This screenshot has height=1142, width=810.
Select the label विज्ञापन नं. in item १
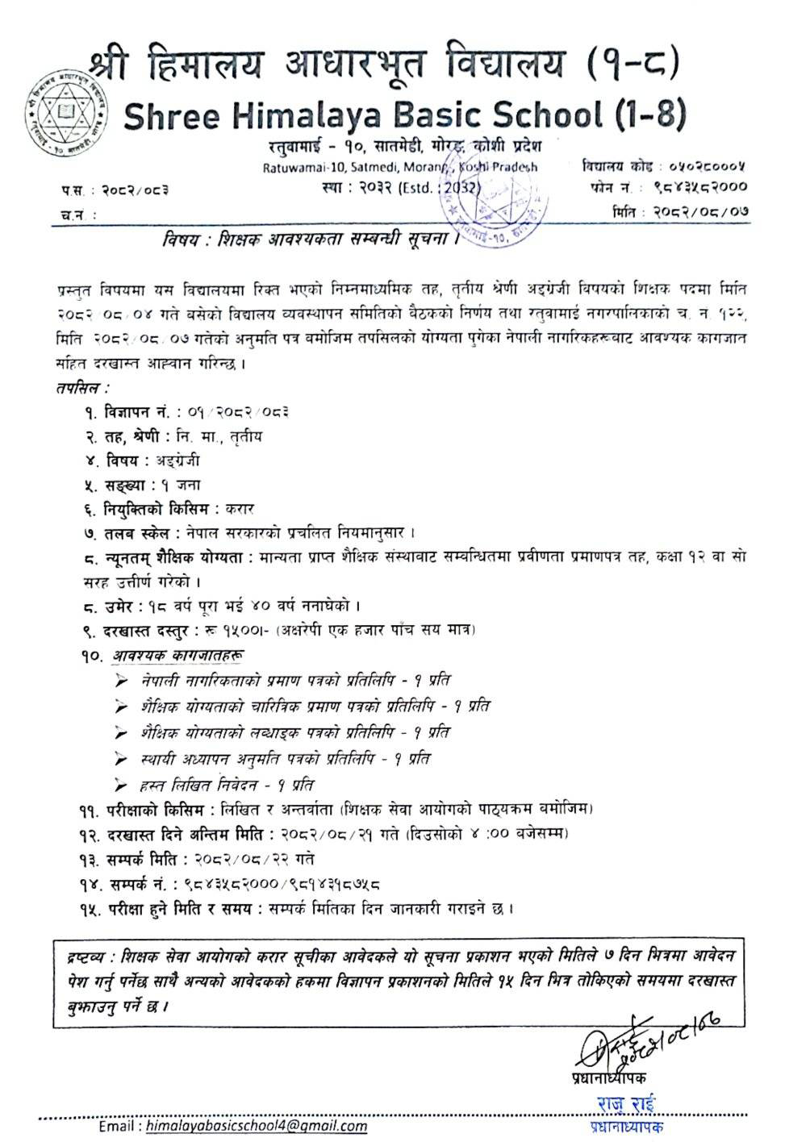click(136, 412)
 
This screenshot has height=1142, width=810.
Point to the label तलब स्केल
click(136, 533)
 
